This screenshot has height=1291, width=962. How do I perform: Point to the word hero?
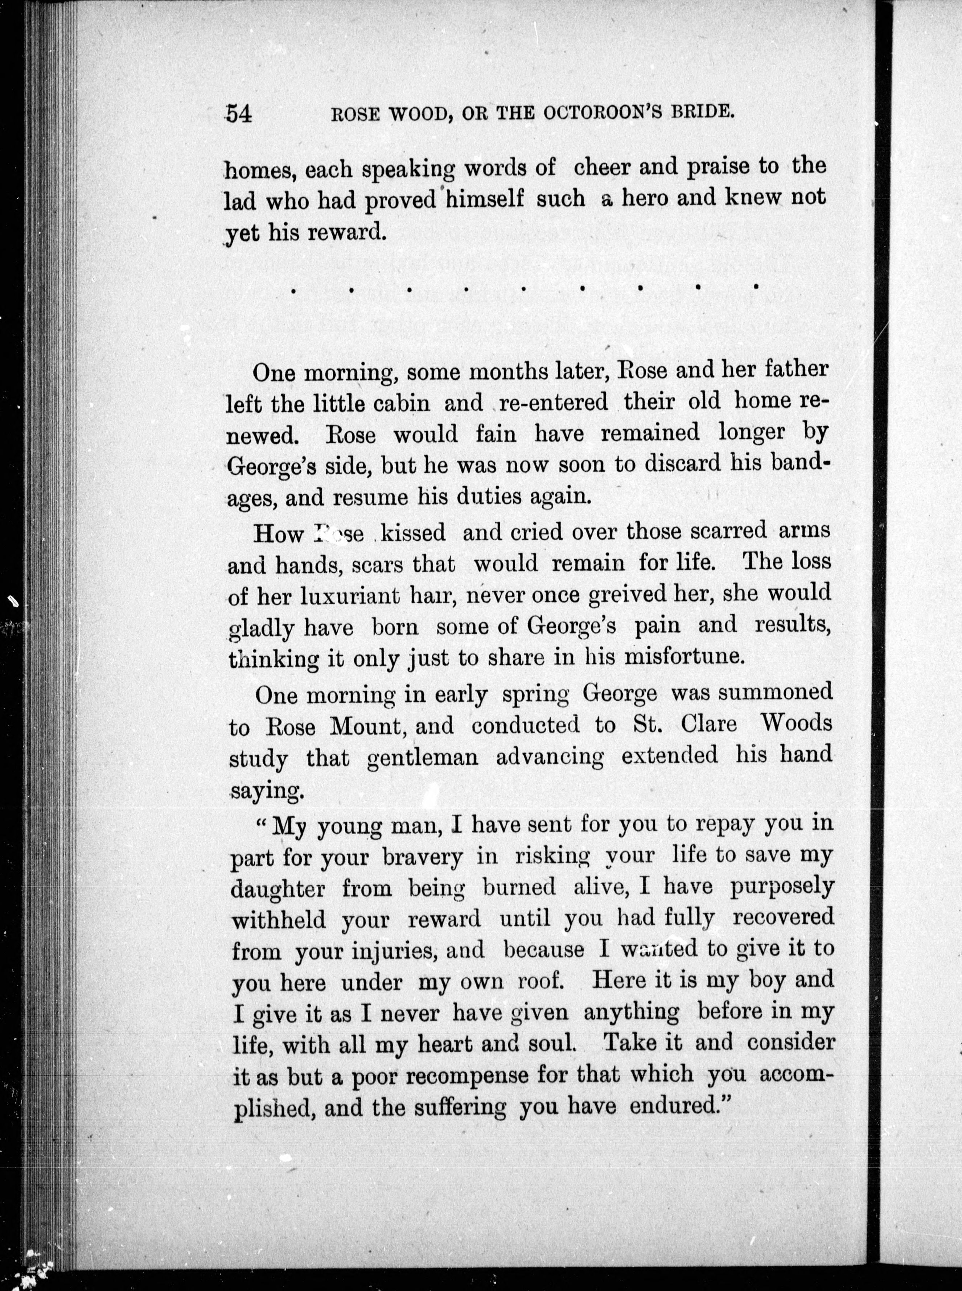(x=646, y=198)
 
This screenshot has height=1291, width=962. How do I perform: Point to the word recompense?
(x=467, y=1074)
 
